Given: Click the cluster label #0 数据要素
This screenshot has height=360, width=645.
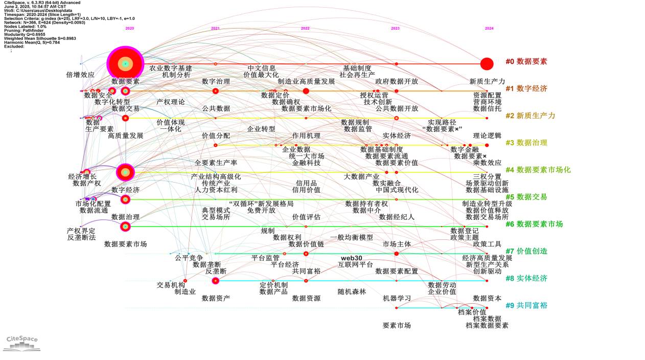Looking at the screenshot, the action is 526,61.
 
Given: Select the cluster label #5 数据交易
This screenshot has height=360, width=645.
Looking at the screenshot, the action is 526,197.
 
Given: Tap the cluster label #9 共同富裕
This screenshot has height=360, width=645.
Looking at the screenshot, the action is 526,305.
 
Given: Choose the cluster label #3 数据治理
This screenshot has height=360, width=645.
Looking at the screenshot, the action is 526,143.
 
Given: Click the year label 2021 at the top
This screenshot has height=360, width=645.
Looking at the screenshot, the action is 215,28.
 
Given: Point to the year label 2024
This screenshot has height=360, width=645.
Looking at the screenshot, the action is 489,28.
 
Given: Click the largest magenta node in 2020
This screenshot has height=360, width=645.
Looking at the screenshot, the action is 125,64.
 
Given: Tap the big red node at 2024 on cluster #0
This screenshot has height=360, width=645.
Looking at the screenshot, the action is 487,64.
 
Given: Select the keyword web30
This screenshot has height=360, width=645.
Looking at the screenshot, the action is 352,258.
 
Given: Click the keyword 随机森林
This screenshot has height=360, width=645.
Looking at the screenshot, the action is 352,291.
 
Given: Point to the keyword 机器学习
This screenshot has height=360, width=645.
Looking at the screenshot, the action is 397,298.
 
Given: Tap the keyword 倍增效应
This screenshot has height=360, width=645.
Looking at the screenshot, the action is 80,75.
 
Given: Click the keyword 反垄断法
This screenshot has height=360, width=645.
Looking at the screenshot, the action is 81,237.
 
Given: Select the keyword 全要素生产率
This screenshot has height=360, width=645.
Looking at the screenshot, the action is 216,163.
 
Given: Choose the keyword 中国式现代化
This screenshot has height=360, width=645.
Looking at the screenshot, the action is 397,190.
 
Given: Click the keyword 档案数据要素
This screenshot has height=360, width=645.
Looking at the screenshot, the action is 487,325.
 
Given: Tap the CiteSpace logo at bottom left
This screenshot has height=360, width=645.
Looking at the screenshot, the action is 22,343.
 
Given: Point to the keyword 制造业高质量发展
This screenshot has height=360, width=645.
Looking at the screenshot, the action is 306,81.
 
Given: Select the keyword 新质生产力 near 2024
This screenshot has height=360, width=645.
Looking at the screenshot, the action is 487,81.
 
